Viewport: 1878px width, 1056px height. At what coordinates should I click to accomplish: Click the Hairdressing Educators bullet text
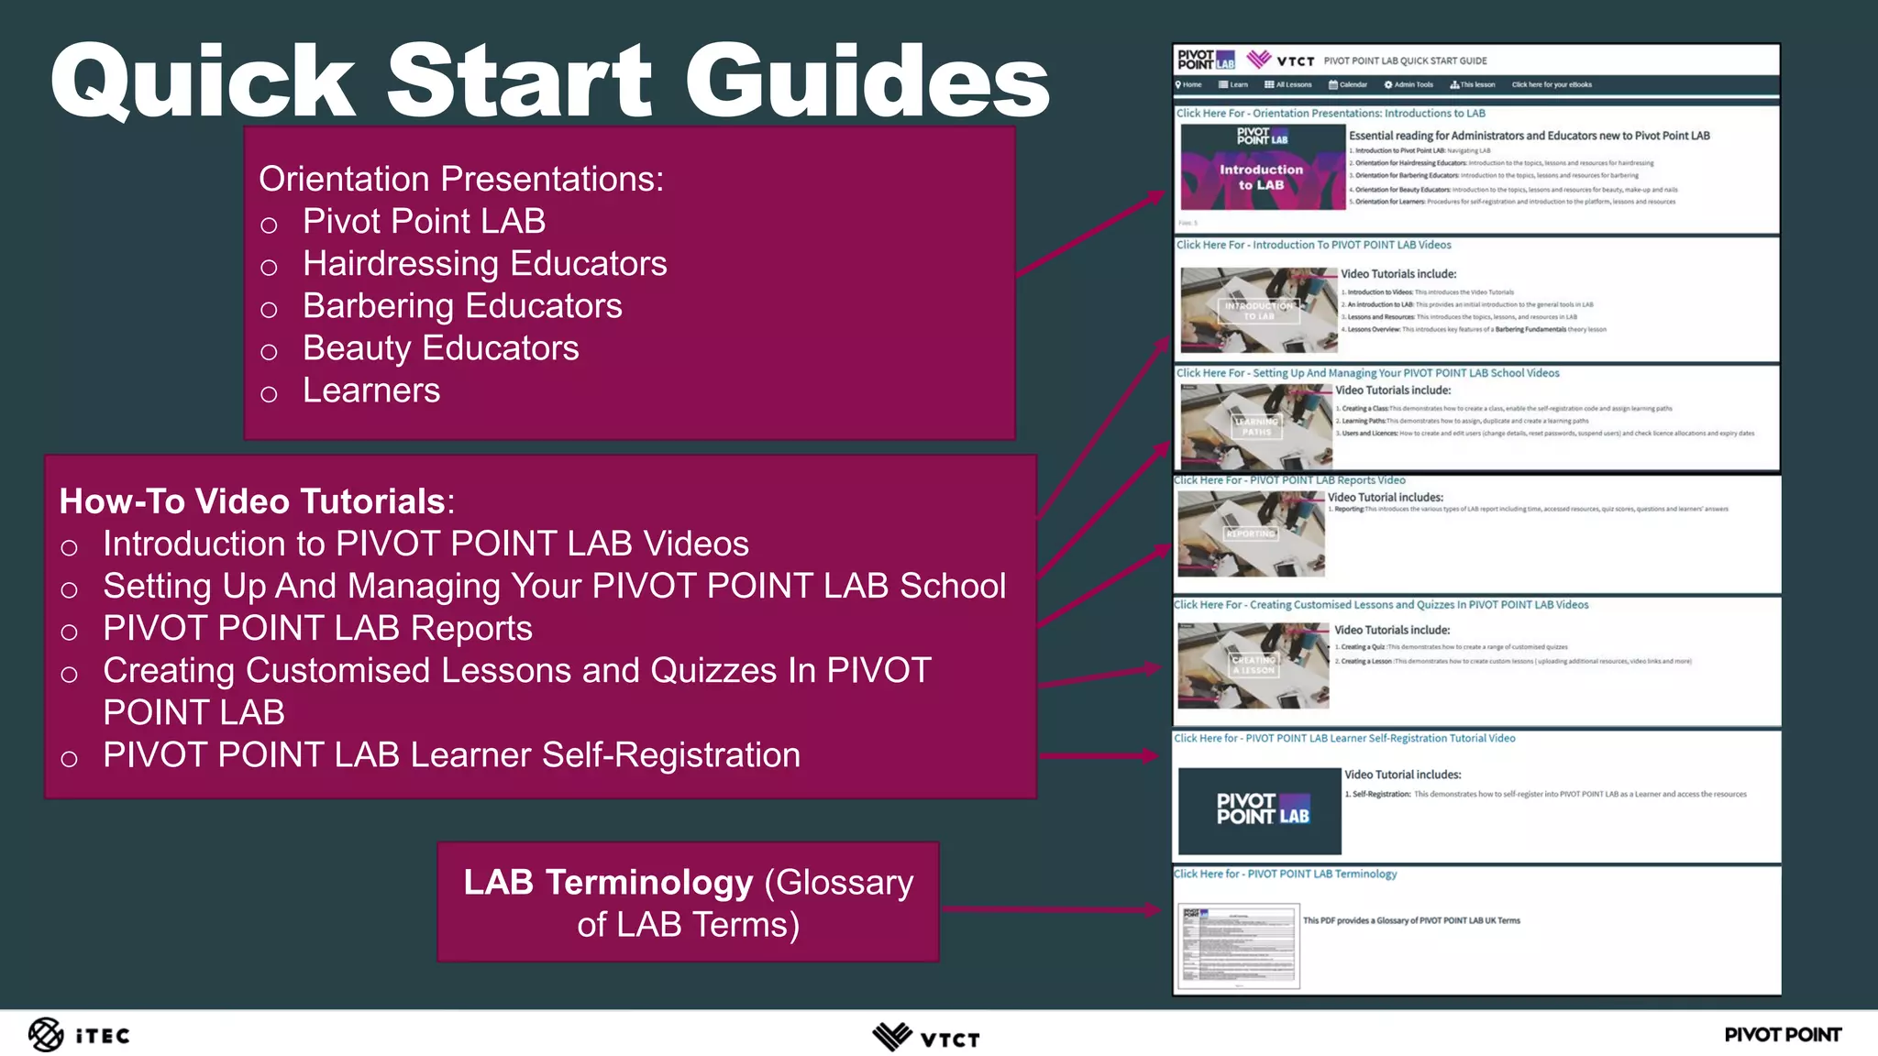(484, 264)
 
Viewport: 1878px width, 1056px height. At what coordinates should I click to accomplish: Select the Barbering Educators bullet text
(462, 306)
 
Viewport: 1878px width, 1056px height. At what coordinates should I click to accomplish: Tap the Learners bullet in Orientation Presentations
(371, 390)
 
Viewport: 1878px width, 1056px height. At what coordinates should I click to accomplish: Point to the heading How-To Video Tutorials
(253, 501)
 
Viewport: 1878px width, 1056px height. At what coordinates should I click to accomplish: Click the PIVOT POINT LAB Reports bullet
(317, 629)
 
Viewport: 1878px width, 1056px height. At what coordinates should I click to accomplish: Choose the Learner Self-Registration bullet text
(451, 755)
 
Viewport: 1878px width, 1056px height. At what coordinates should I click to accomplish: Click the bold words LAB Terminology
(608, 882)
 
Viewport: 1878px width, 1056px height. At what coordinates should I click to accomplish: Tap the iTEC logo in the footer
(79, 1035)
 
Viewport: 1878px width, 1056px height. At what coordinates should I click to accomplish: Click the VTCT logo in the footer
(926, 1037)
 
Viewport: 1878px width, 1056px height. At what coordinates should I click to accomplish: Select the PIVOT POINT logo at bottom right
(1782, 1035)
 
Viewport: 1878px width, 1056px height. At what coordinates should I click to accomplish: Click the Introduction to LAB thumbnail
(1262, 168)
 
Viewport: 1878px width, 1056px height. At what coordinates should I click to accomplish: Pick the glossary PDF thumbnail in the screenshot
(1238, 947)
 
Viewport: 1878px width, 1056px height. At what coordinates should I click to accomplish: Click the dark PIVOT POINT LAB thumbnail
(1259, 810)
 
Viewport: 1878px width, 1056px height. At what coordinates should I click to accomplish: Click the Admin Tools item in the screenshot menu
(1408, 85)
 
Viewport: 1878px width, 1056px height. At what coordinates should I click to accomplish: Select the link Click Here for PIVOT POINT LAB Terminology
(1286, 874)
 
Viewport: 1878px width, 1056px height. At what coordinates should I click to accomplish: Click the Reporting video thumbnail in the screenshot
(1251, 533)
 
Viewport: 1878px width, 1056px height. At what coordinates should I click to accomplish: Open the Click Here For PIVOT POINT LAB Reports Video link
(1289, 480)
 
